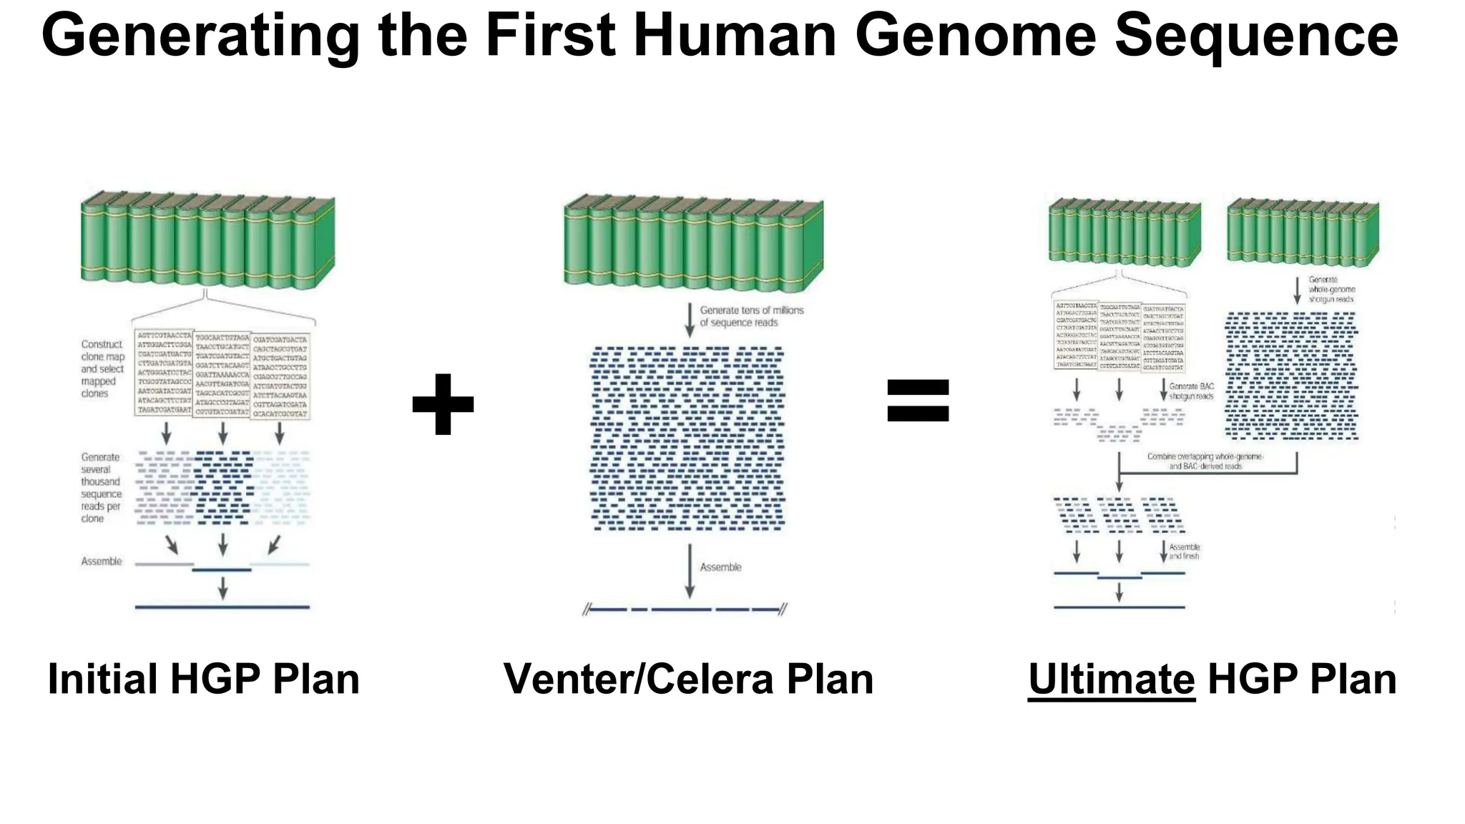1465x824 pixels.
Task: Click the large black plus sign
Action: click(443, 404)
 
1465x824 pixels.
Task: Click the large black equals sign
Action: click(918, 401)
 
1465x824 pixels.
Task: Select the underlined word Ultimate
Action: click(1111, 679)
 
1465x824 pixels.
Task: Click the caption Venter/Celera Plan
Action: click(688, 679)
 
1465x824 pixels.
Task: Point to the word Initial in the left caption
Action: click(102, 679)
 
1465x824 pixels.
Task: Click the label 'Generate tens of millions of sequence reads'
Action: click(751, 316)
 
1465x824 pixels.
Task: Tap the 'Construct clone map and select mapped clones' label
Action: click(102, 368)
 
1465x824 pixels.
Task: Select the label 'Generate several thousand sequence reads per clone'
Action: click(101, 487)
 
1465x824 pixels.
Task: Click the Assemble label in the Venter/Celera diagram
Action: click(720, 567)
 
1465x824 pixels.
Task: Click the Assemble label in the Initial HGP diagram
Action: click(102, 561)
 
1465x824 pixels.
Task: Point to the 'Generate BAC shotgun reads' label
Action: click(1191, 391)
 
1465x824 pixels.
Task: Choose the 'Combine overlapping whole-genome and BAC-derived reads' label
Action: click(1205, 461)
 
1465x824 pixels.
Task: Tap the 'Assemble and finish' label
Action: click(1184, 551)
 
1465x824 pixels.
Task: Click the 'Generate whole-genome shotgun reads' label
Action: click(1331, 290)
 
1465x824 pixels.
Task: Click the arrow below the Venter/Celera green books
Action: click(689, 320)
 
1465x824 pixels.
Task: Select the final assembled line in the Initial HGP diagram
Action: click(222, 607)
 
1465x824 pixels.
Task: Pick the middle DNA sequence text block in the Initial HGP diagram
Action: click(222, 373)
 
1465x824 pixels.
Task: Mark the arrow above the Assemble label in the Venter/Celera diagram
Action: click(690, 571)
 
